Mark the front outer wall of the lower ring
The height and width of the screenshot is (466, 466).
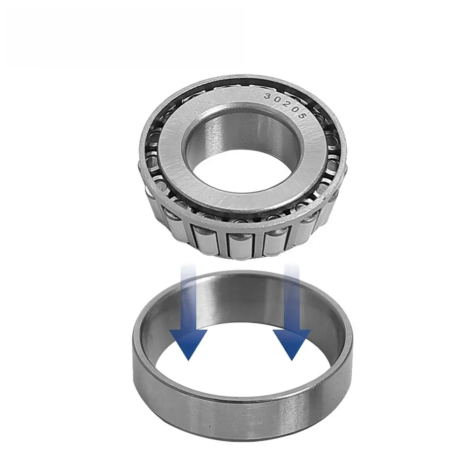coord(242,415)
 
